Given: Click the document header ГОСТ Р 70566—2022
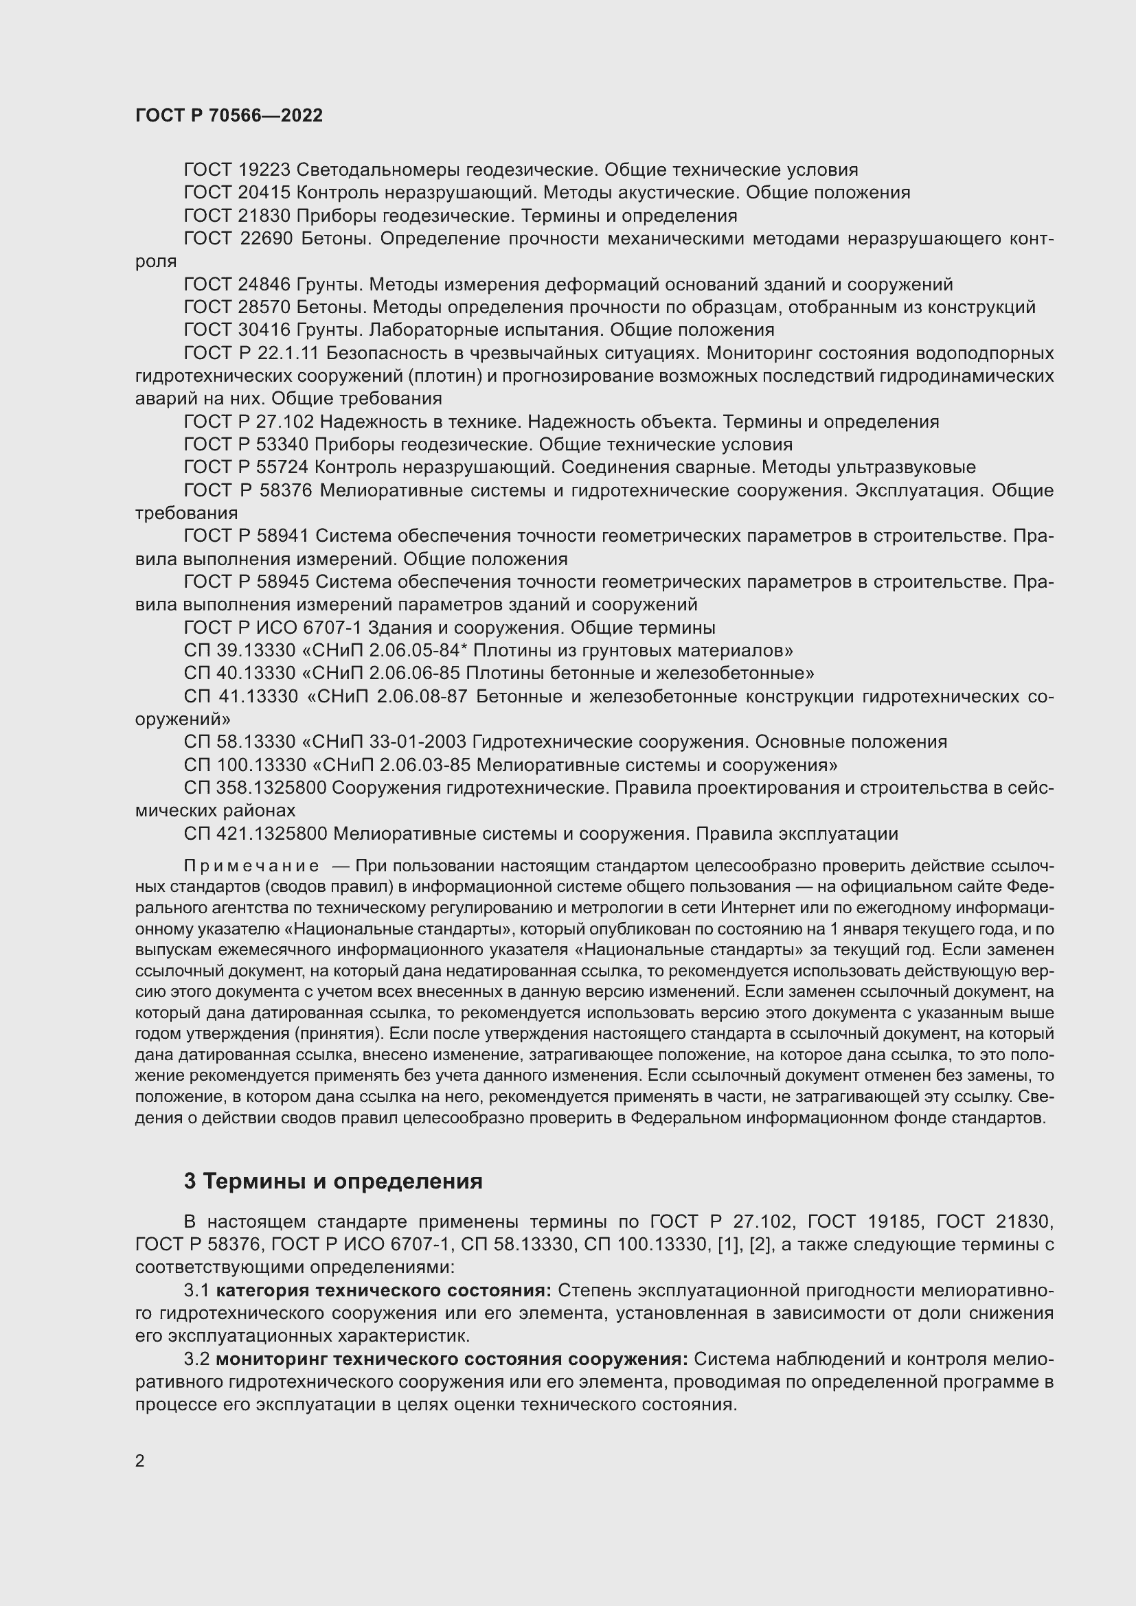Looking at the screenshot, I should (229, 115).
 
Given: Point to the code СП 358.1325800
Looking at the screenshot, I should (255, 788).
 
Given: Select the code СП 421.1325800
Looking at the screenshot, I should (255, 834).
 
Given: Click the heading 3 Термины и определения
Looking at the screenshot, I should (333, 1182).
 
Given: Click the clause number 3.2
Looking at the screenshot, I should (196, 1359).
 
